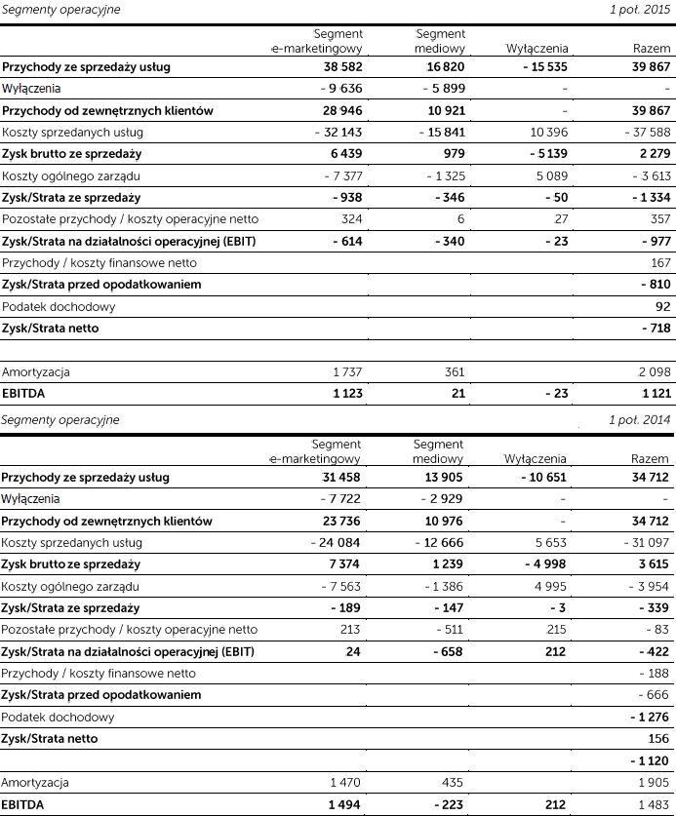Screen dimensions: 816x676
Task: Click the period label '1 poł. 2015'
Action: tap(641, 9)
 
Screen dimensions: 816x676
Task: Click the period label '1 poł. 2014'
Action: tap(641, 420)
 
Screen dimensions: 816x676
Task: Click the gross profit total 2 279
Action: tap(652, 154)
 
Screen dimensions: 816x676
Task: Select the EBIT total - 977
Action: tap(652, 241)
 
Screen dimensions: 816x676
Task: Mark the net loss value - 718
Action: tap(652, 329)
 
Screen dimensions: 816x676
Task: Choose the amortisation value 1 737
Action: tap(346, 372)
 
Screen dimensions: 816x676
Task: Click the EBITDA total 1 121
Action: tap(653, 394)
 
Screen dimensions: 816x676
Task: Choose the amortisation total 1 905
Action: tap(653, 783)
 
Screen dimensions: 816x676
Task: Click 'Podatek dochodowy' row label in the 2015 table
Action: tap(59, 307)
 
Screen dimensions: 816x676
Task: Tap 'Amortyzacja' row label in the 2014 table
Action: tap(36, 783)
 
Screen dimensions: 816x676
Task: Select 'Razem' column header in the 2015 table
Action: tap(652, 48)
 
